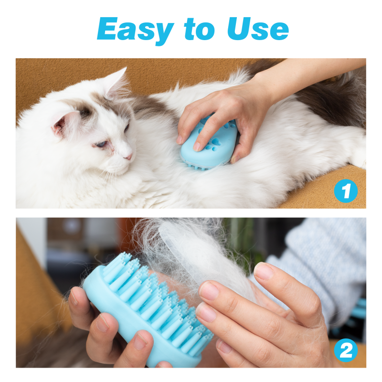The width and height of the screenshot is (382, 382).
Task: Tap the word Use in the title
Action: click(x=258, y=30)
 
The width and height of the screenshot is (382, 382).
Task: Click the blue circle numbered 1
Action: click(x=346, y=191)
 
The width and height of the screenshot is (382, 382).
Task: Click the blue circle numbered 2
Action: click(x=346, y=351)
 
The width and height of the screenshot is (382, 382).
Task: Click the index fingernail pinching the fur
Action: click(x=209, y=291)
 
